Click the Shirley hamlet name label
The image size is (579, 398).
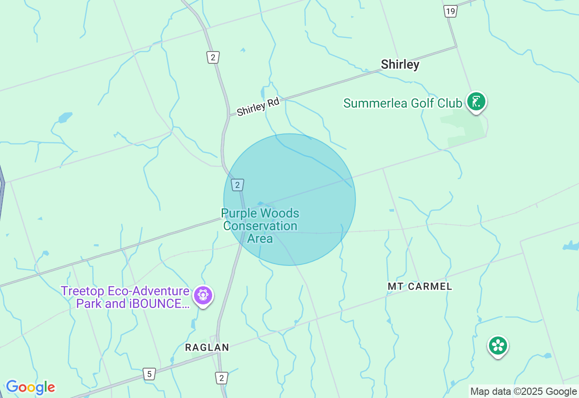coord(400,65)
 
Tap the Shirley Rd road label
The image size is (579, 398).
coord(258,107)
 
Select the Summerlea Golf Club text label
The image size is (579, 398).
coord(403,103)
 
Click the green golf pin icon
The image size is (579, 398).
coord(476,102)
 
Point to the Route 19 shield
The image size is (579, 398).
coord(450,11)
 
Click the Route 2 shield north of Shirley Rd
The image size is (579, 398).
coord(213,57)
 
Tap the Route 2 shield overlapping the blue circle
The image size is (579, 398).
coord(237,185)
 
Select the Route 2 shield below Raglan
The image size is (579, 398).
coord(221,378)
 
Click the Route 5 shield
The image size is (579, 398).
coord(149,374)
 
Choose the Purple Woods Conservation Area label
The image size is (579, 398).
coord(260,226)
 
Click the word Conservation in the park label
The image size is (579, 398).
coord(260,226)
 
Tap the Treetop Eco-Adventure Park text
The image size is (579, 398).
coord(125,291)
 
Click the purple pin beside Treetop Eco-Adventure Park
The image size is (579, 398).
coord(203,295)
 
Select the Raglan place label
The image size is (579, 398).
coord(207,347)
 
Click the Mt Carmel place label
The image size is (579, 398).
coord(420,286)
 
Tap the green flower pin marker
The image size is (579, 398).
coord(498,346)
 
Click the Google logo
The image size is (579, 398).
coord(30,388)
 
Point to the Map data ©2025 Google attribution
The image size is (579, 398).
coord(523,392)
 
